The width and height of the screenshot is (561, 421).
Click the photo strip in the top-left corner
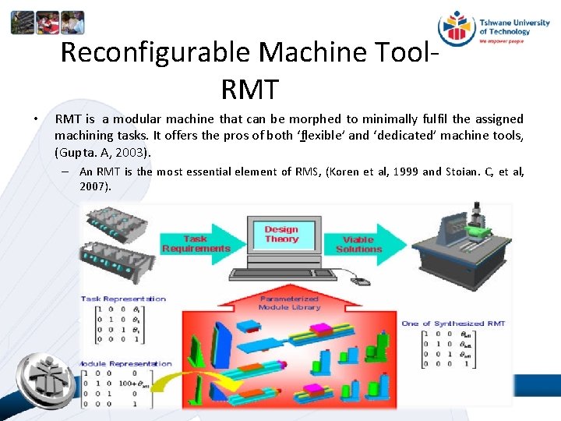[47, 23]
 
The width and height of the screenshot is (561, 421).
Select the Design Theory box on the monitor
[281, 235]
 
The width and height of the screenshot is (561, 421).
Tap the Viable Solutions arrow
[360, 244]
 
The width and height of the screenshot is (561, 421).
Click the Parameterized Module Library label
[290, 302]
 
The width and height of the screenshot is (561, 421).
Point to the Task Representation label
[124, 299]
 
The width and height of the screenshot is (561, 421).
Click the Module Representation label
[125, 363]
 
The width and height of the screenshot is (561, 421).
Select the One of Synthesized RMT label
[453, 324]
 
